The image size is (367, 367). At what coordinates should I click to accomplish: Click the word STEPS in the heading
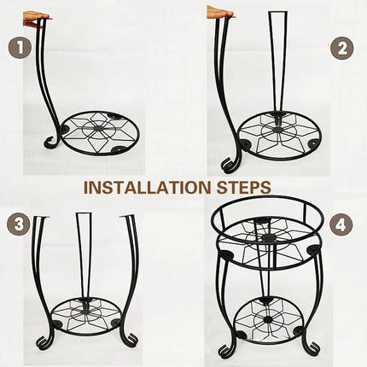(243, 187)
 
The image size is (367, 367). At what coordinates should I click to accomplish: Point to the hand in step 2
(219, 13)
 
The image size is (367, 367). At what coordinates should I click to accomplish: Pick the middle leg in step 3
(84, 256)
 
